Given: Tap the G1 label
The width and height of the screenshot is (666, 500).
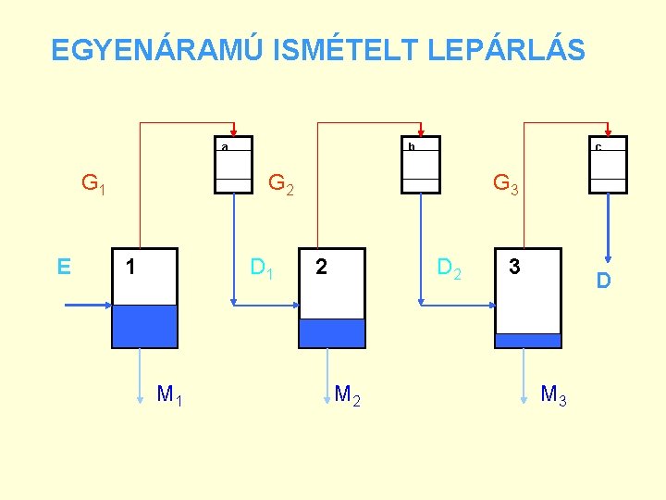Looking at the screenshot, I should point(93,183).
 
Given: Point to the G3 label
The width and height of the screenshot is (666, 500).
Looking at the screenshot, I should point(506,183).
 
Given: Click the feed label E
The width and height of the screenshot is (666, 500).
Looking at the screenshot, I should point(64,268).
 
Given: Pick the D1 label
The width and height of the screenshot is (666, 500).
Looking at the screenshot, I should point(262,269).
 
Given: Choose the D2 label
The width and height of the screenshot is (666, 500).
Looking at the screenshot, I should point(450,269).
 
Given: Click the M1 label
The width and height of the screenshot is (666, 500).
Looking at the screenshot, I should point(169,396).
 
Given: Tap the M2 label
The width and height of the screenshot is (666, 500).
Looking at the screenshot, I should point(347,396).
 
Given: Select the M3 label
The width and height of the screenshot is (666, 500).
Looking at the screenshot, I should point(553,396).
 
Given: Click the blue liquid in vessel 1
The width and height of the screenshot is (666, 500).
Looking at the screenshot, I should point(143,326).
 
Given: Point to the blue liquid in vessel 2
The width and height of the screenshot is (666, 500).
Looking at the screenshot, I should point(332,332).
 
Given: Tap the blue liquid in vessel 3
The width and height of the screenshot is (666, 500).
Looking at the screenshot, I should point(527,340).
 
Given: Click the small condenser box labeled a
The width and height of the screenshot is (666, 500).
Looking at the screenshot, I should point(233,166).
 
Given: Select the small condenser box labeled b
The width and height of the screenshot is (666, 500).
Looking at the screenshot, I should point(420,166).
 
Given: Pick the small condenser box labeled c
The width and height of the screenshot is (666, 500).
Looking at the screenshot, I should point(609,166).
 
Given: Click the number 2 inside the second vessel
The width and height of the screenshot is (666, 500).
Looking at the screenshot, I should point(320,268).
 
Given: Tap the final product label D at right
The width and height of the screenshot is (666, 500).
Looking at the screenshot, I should point(603,280).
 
